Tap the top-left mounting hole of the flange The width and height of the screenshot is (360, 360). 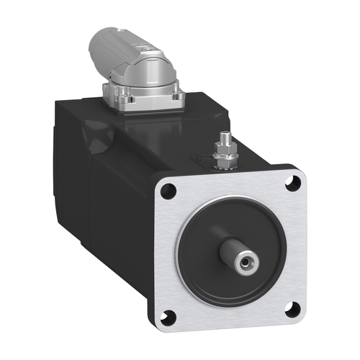click(168, 191)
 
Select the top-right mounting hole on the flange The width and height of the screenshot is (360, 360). click(292, 184)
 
